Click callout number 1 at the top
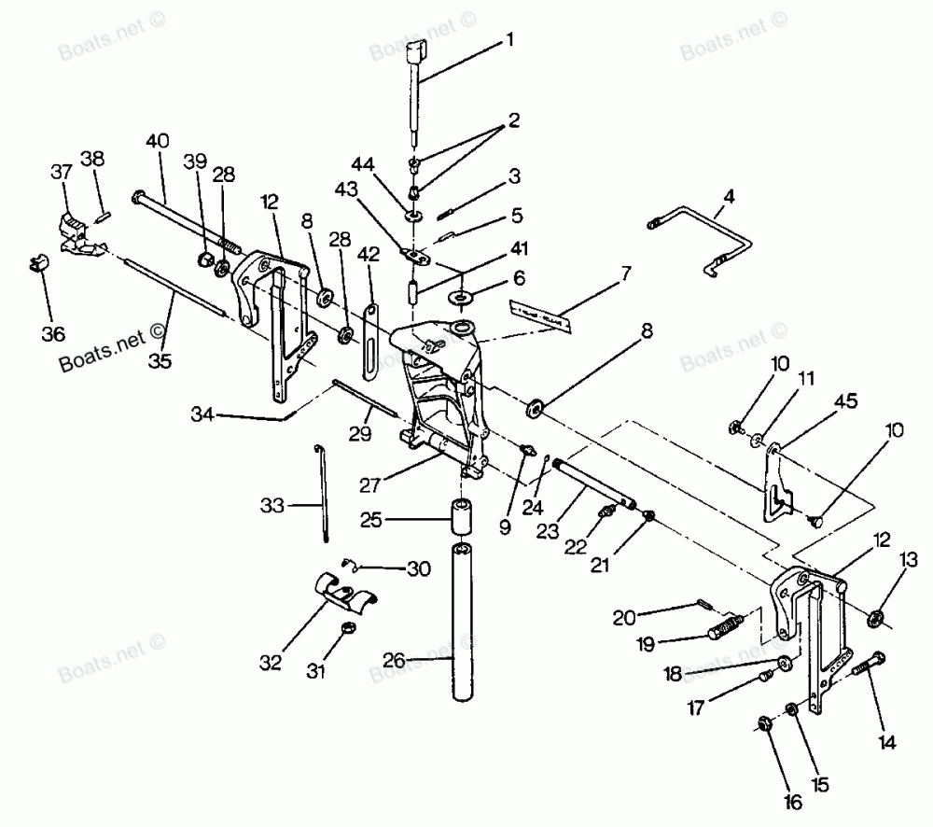coord(509,39)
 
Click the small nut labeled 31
coord(346,627)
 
